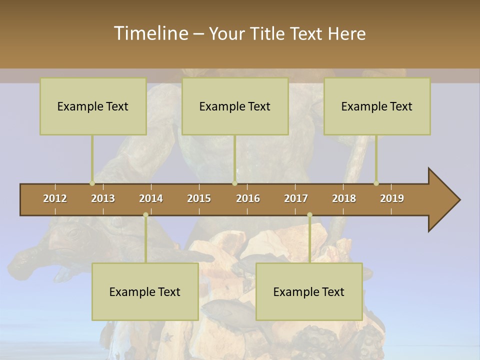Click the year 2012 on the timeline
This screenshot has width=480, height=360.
click(x=55, y=198)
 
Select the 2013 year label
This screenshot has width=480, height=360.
click(x=103, y=198)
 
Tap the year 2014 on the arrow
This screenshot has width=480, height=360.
click(x=151, y=198)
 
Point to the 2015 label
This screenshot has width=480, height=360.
click(x=199, y=198)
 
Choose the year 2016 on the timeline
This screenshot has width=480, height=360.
click(x=248, y=198)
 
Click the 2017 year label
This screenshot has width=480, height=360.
click(x=296, y=198)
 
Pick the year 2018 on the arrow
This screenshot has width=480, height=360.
click(x=344, y=198)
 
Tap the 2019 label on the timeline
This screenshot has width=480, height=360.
click(x=392, y=198)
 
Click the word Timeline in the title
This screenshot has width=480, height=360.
click(x=150, y=33)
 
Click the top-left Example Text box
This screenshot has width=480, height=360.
click(x=93, y=106)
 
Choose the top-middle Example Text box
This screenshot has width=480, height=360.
click(x=235, y=106)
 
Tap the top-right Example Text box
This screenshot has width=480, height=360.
click(x=377, y=106)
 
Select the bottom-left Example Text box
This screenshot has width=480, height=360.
click(x=145, y=291)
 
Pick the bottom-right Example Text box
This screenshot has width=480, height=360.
click(x=309, y=291)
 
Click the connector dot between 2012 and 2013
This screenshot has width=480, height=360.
click(x=92, y=183)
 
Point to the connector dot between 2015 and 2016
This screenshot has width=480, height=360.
click(x=235, y=183)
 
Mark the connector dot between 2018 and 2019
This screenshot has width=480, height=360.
click(x=376, y=183)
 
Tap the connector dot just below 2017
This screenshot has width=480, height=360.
click(x=309, y=215)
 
